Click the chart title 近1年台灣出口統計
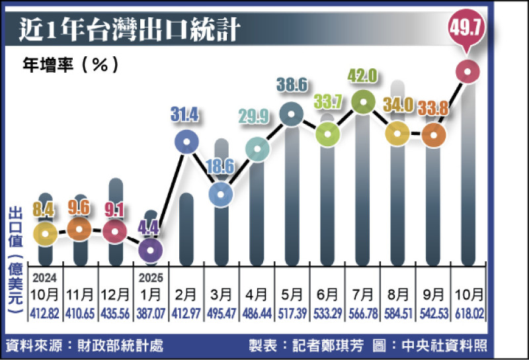pyautogui.click(x=130, y=30)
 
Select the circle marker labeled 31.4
pyautogui.click(x=186, y=141)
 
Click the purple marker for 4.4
pyautogui.click(x=151, y=249)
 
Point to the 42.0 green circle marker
pyautogui.click(x=362, y=102)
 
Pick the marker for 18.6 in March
pyautogui.click(x=222, y=193)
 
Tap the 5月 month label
pyautogui.click(x=292, y=294)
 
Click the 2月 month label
pyautogui.click(x=186, y=294)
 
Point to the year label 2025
pyautogui.click(x=151, y=277)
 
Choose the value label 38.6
pyautogui.click(x=292, y=86)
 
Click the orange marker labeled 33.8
pyautogui.click(x=433, y=135)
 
